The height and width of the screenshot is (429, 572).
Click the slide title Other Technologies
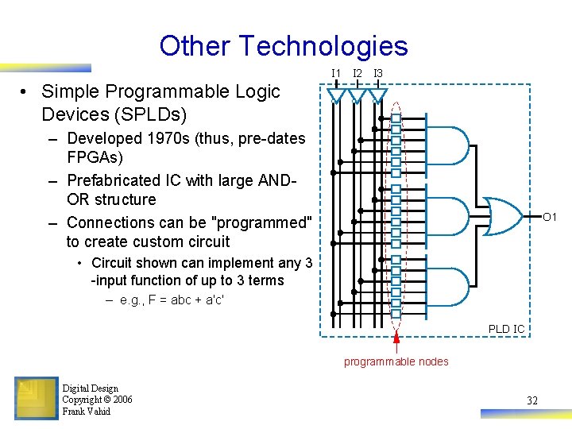[283, 46]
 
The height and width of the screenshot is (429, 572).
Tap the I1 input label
[336, 74]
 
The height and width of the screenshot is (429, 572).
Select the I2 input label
[357, 74]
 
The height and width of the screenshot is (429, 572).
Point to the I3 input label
[378, 74]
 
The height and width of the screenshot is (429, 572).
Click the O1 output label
[550, 216]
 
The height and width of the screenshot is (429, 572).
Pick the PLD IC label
[506, 328]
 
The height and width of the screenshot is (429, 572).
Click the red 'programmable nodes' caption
[396, 361]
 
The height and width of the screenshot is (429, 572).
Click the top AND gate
[447, 148]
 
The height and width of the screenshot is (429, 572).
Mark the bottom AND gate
[447, 282]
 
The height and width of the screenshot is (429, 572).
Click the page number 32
[531, 400]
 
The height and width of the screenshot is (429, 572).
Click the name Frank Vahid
[86, 411]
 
